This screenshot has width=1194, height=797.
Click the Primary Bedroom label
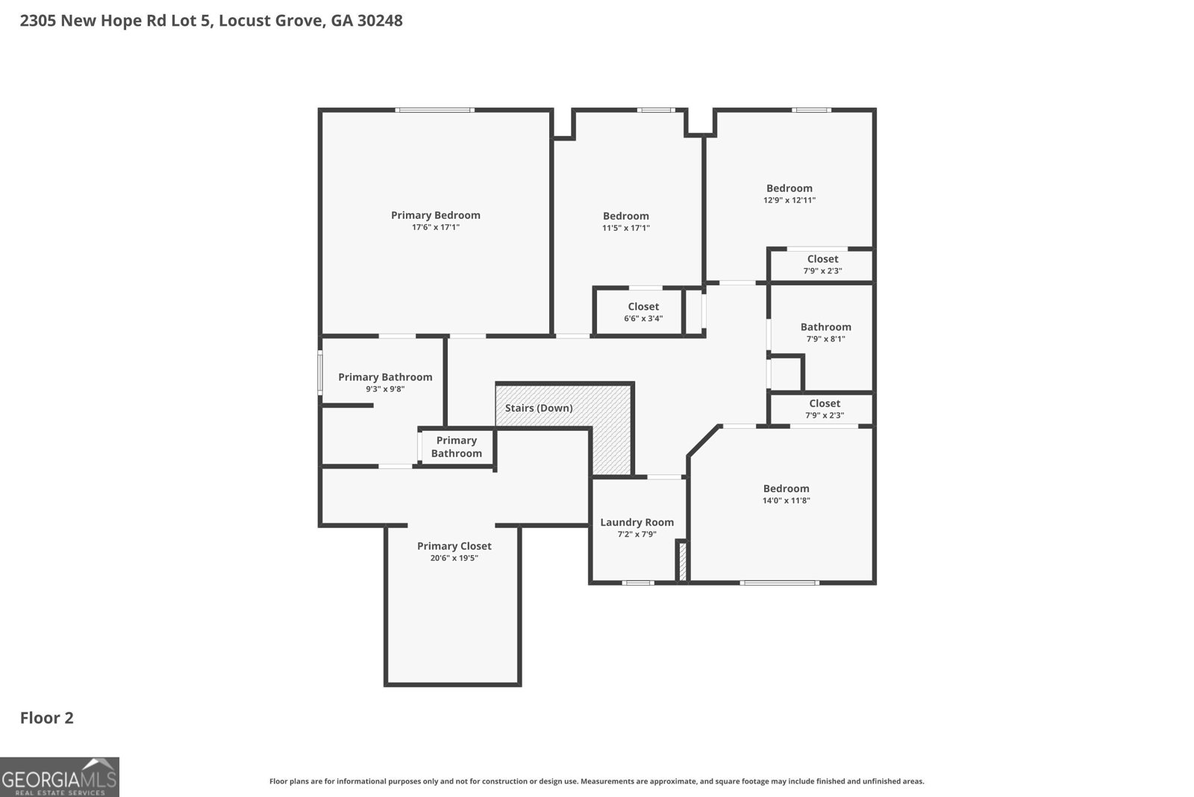pos(435,215)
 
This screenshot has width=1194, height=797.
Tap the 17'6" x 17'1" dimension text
pos(435,227)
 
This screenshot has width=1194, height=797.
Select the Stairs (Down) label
pos(539,408)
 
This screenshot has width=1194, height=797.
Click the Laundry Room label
pos(637,522)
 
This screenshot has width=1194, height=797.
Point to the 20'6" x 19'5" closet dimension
pos(454,558)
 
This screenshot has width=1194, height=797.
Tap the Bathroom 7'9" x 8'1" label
pos(825,332)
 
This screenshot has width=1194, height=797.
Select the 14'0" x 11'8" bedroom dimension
pos(786,500)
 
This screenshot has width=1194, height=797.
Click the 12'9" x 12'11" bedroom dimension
pos(789,200)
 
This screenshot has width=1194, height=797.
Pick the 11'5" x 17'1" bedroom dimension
pos(626,228)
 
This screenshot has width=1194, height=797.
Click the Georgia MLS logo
pos(59,777)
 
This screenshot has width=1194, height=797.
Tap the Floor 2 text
pos(46,718)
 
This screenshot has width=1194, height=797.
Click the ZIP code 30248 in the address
pos(379,21)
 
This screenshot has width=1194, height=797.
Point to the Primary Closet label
pos(454,546)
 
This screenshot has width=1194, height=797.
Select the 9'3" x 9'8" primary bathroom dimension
pos(385,388)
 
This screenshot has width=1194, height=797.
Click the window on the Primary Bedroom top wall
pos(434,111)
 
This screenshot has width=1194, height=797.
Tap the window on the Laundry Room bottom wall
pos(637,583)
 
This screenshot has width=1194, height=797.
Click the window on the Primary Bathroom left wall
pos(320,373)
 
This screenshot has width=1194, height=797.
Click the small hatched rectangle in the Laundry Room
pos(681,561)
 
